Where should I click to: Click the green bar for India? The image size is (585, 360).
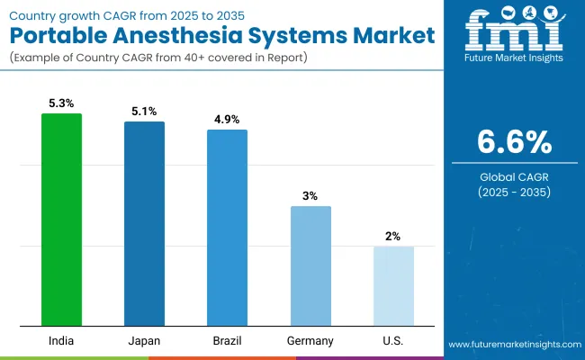pos(61,220)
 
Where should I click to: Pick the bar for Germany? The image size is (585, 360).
pos(310,265)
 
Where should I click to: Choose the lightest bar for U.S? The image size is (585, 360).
pos(393,286)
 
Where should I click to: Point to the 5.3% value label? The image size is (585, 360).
pos(61,103)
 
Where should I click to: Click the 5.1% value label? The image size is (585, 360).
pos(144,112)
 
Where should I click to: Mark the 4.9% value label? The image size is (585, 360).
pos(227,120)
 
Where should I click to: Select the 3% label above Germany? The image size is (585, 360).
pos(310,196)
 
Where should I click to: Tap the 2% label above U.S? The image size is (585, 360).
pos(393,236)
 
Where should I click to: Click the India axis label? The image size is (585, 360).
pos(61,341)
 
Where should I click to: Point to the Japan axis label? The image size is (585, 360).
pos(144,341)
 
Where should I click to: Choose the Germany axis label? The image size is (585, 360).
pos(310,341)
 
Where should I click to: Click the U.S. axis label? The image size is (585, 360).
pos(393,341)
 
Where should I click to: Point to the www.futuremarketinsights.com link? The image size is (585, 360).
pos(510,345)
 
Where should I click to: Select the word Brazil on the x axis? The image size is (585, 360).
pos(227,341)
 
